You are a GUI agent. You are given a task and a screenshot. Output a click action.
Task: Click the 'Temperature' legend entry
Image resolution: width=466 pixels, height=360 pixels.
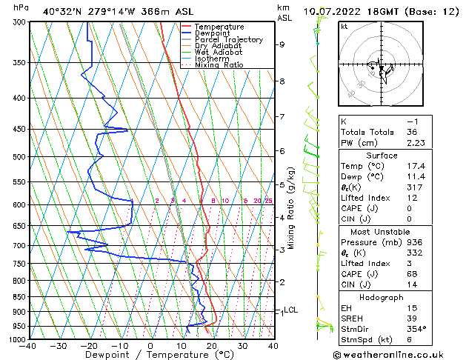click(x=219, y=27)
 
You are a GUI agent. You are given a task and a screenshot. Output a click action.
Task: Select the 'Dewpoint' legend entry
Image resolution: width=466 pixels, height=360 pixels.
click(x=213, y=33)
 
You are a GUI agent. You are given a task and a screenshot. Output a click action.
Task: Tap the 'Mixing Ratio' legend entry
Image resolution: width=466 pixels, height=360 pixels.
click(x=219, y=65)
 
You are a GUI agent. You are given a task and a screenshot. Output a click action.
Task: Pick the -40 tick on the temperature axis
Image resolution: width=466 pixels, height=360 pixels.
click(x=28, y=345)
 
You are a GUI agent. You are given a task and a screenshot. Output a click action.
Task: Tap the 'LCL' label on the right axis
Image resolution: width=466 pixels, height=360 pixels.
click(x=291, y=310)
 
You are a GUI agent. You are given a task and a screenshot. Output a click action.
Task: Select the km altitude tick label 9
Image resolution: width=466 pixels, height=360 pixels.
click(x=282, y=44)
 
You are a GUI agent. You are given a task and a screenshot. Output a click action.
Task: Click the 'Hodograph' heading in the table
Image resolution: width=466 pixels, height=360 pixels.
click(x=382, y=297)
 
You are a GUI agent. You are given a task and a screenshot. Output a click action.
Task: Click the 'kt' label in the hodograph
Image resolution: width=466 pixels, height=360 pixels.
click(x=344, y=27)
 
